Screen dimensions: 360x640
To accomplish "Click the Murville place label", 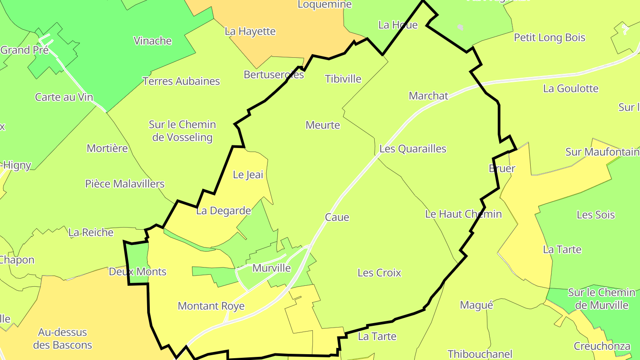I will [x=271, y=268].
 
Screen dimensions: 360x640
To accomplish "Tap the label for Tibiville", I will [x=343, y=79].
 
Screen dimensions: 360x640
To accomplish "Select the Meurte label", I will [x=323, y=125].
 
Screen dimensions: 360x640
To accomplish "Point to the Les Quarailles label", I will [x=413, y=148].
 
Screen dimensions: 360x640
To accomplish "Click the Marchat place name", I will [x=428, y=96].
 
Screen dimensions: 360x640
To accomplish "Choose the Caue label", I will [x=337, y=217].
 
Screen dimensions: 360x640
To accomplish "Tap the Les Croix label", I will [x=379, y=273].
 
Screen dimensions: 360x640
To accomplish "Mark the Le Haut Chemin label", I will [x=463, y=214].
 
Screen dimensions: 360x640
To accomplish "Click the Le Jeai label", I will [x=248, y=175].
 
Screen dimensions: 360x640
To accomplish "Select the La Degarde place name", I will [x=224, y=211].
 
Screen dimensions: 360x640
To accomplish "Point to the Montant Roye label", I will [x=211, y=306].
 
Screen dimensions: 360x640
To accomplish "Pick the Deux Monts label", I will [x=137, y=272].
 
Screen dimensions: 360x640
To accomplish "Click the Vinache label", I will [x=153, y=41].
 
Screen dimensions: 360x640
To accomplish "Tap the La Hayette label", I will [x=250, y=32].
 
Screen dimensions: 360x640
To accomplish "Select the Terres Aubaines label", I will [x=181, y=81].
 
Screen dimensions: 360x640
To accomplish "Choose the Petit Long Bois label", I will [x=549, y=38].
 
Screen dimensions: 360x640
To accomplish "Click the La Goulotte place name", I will [x=571, y=88].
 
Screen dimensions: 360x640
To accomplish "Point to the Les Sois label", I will [x=596, y=215].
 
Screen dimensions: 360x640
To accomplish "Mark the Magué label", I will [x=476, y=305].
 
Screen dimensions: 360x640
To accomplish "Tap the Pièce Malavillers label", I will [x=125, y=184].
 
